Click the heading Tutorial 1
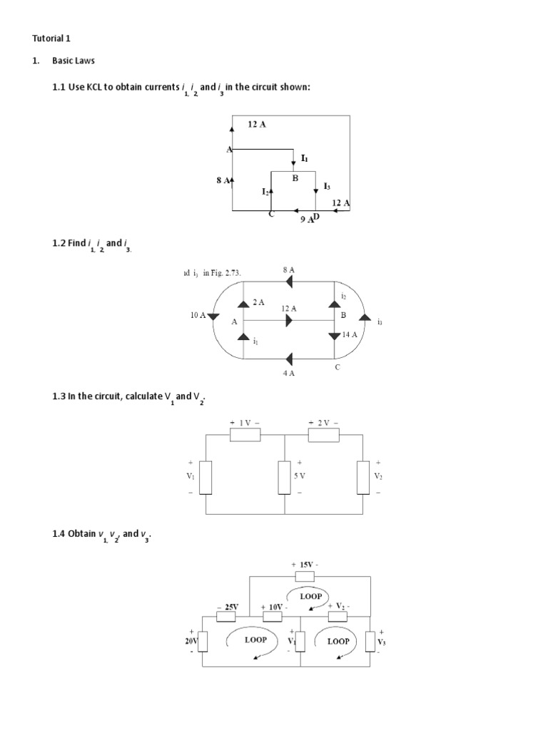point(52,38)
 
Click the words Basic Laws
point(73,61)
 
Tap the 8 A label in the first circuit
point(223,181)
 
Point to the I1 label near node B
point(305,158)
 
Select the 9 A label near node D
point(307,220)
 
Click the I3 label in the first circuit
point(327,186)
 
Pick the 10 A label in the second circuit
point(198,314)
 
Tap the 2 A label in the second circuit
point(258,302)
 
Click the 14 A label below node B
point(350,334)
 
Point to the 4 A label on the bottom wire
point(288,373)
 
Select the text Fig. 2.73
point(222,272)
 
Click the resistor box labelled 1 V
point(245,435)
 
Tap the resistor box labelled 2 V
point(324,435)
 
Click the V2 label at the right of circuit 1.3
point(379,477)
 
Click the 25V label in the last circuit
point(230,607)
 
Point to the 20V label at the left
point(191,641)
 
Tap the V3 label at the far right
point(382,641)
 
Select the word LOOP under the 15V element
point(311,596)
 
